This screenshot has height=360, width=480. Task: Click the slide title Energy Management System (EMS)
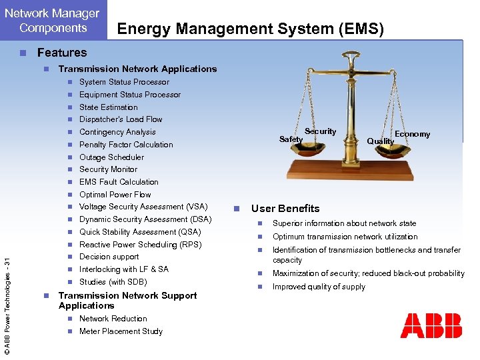pos(250,28)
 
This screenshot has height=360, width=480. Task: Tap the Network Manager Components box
pos(53,20)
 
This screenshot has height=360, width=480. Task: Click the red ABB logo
pos(431,325)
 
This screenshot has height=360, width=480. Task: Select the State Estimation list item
pos(108,107)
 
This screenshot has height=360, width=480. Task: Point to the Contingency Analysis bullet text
pos(117,132)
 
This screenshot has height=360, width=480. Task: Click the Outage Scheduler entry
pos(111,157)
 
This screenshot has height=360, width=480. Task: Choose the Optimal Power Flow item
pos(115,195)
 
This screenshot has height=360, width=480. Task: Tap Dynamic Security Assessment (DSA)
pos(145,219)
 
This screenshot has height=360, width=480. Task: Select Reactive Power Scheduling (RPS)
pos(140,245)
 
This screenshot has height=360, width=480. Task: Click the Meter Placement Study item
pos(121,331)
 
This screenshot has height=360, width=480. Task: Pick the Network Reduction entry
pos(113,319)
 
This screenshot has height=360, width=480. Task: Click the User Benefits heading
pos(285,209)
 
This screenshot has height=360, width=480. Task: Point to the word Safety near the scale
pos(291,139)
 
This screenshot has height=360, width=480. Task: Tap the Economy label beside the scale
pos(412,134)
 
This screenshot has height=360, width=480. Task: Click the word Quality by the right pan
pos(380,141)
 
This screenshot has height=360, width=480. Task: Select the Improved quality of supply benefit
pos(319,287)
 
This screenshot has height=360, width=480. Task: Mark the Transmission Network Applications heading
pos(137,69)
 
